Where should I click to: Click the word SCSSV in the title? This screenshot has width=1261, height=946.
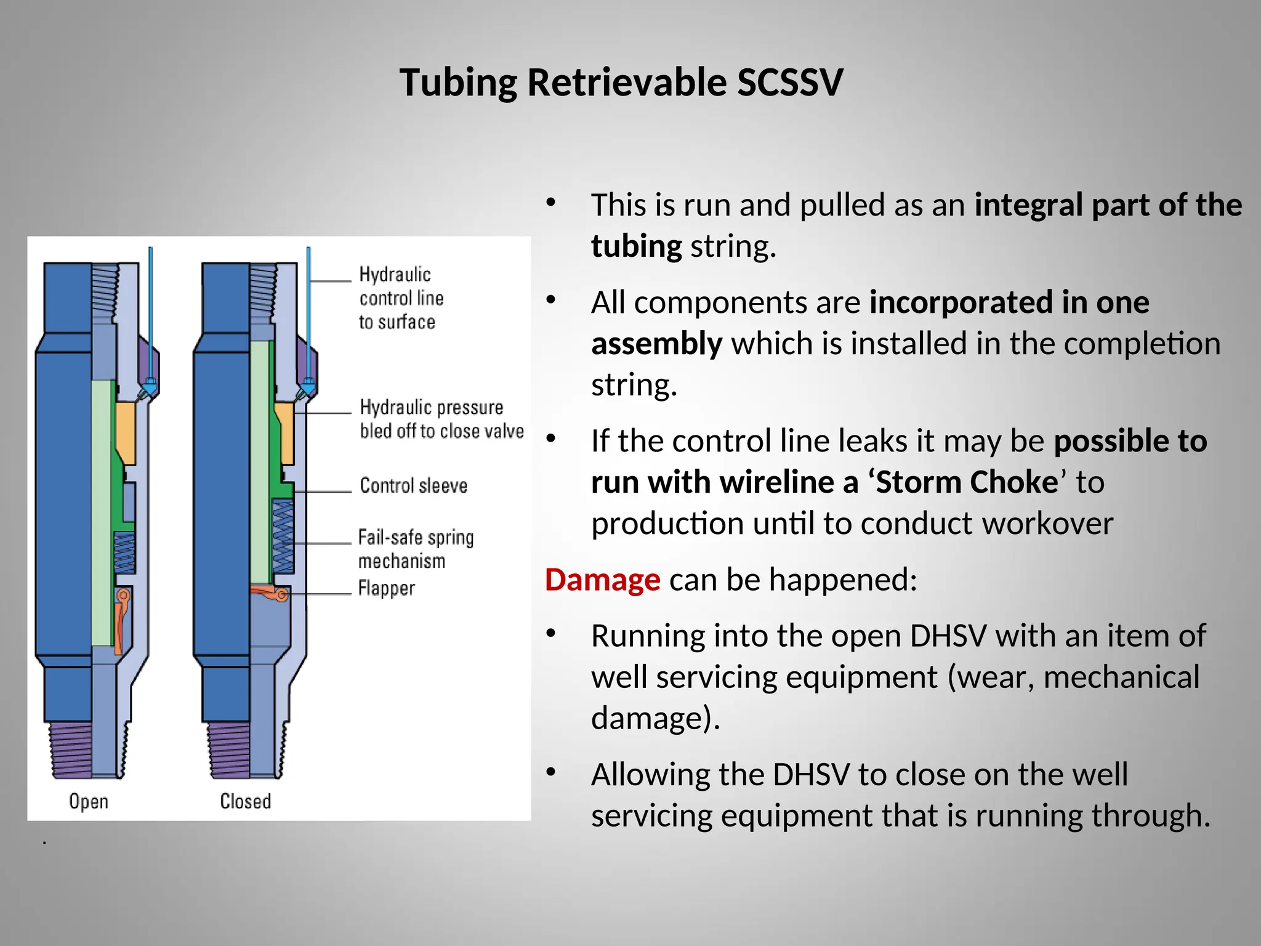[789, 83]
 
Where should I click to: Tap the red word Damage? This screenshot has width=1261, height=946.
[602, 580]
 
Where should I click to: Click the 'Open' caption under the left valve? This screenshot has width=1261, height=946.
[89, 801]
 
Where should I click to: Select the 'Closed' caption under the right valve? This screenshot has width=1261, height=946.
[245, 801]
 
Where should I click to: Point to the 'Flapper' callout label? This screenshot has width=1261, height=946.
[386, 588]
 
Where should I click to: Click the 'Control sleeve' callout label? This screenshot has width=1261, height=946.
[413, 486]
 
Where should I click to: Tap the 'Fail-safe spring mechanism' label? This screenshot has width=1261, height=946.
[416, 549]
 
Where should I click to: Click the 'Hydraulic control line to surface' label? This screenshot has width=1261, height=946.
[400, 298]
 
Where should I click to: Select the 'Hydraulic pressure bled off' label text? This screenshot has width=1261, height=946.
[441, 419]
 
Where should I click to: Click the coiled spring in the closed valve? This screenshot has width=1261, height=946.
[283, 536]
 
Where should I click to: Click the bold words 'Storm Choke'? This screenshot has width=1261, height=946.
[967, 482]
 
